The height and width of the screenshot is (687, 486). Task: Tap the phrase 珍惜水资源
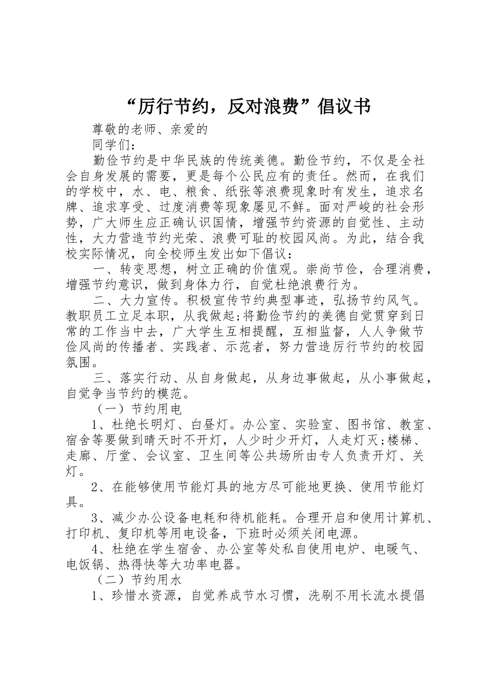[x=144, y=596]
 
